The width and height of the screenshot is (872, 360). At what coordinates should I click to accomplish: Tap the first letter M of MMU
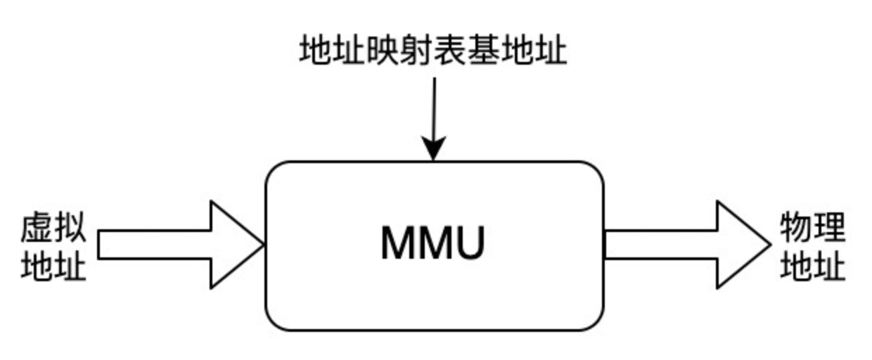pyautogui.click(x=397, y=244)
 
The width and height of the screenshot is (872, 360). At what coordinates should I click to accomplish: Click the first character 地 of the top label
pyautogui.click(x=314, y=51)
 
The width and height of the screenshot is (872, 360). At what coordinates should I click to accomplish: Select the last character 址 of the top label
pyautogui.click(x=551, y=51)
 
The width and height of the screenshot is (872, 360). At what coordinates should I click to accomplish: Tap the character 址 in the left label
pyautogui.click(x=70, y=266)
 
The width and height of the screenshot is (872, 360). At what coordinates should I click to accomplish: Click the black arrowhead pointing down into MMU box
pyautogui.click(x=433, y=150)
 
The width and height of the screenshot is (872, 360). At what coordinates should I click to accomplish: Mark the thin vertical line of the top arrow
pyautogui.click(x=434, y=105)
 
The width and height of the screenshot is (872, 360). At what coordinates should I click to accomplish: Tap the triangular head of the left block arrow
pyautogui.click(x=232, y=245)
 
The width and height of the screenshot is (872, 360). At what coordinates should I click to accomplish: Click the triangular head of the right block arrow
pyautogui.click(x=738, y=245)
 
